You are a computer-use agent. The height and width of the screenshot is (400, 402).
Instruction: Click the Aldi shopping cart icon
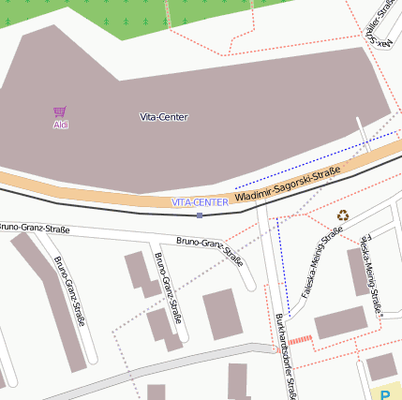tap(60, 111)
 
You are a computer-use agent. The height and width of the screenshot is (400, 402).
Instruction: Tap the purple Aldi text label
tap(60, 125)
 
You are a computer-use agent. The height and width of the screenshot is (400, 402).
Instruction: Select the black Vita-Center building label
tap(163, 117)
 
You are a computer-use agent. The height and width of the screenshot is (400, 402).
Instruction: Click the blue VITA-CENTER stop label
tap(200, 202)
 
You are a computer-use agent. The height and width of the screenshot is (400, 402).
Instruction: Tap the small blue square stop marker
tap(200, 215)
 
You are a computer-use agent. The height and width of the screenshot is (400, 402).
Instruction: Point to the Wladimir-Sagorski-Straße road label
tap(287, 185)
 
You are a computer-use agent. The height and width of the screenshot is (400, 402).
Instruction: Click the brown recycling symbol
tap(343, 215)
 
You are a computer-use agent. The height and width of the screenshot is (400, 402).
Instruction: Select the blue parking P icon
tap(385, 395)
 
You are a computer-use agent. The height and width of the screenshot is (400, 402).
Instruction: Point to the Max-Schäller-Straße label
tap(379, 23)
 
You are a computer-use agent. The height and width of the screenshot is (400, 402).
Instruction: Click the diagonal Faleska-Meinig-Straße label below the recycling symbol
tap(320, 267)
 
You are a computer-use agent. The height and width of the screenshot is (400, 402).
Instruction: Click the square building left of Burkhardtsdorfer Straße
tap(222, 314)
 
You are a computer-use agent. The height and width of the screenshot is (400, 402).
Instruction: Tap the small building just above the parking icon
tap(381, 366)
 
